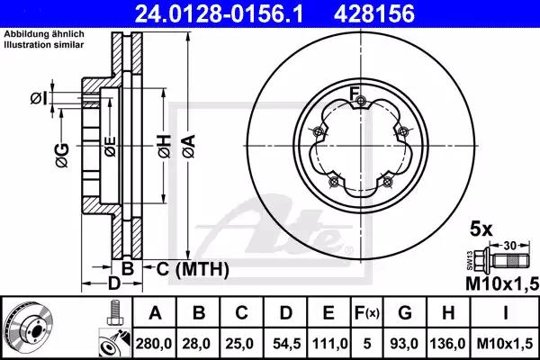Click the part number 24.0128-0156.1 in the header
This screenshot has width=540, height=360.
click(219, 13)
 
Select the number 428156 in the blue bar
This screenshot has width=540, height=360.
click(374, 13)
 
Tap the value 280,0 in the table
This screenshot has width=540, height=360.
click(154, 344)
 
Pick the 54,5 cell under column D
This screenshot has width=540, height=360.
click(286, 344)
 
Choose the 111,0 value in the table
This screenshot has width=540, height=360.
click(330, 344)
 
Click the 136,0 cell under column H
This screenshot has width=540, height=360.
click(447, 344)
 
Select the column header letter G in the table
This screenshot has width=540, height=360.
click(405, 313)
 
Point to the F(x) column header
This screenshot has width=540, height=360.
click(367, 313)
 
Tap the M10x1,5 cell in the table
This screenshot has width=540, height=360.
click(505, 344)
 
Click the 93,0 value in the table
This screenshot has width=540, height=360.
click(404, 344)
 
